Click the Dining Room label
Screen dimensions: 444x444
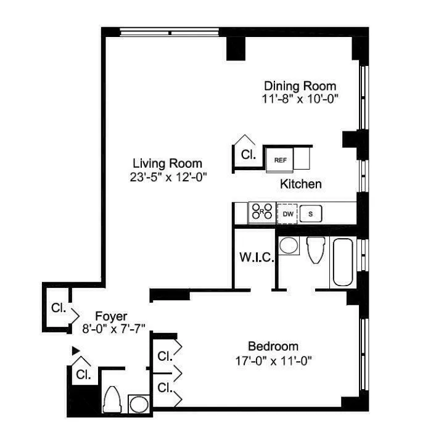tap(300, 86)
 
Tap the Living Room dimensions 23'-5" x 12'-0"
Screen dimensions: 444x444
tap(168, 176)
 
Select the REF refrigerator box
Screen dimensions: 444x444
tap(281, 160)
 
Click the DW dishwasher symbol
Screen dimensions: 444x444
tap(287, 214)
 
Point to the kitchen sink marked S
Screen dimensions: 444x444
tap(311, 214)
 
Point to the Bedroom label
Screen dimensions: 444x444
tap(273, 346)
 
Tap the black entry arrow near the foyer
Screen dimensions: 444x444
tap(76, 351)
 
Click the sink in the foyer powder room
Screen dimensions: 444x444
tap(139, 405)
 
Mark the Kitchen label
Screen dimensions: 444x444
tap(301, 184)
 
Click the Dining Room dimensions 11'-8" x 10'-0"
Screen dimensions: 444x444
tap(300, 99)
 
